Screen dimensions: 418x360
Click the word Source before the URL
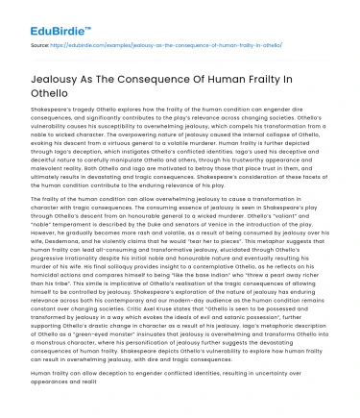(40, 44)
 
